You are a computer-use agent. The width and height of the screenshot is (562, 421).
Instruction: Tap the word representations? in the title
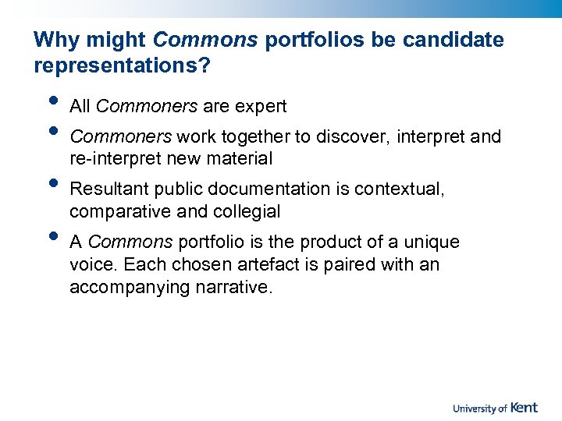122,65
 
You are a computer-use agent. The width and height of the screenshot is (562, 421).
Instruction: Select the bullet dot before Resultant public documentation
52,183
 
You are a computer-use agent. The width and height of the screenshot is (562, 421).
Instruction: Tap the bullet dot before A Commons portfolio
52,236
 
